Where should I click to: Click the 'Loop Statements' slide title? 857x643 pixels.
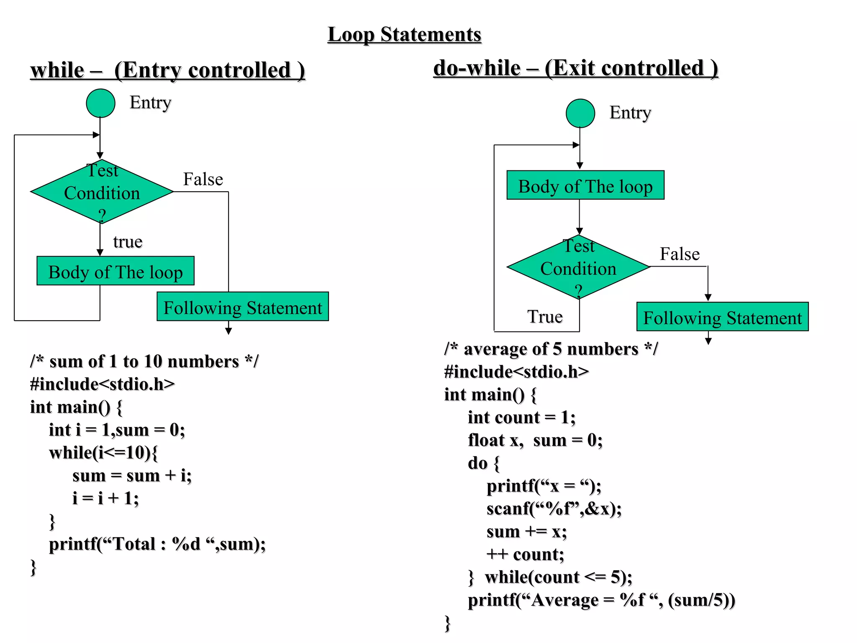tap(404, 34)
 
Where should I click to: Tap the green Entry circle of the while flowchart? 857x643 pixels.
tap(100, 103)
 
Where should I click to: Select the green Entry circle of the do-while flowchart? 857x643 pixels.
tap(580, 113)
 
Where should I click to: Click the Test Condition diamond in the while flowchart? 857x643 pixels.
tap(102, 192)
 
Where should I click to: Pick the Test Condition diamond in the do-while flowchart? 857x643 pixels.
tap(578, 267)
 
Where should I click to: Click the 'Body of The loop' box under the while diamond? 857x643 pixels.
tap(115, 271)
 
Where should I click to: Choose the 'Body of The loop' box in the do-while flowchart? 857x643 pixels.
tap(585, 185)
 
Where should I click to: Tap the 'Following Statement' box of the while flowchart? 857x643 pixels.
tap(243, 307)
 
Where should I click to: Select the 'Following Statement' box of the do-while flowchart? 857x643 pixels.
tap(722, 317)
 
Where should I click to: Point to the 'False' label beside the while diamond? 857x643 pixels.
tap(203, 179)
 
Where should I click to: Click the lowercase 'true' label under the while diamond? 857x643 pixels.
tap(128, 242)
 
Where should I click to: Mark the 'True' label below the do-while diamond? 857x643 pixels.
tap(545, 317)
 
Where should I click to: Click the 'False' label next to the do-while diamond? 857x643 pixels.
tap(680, 254)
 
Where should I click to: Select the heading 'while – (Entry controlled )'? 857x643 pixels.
tap(167, 70)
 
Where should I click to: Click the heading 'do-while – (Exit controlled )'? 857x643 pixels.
tap(576, 68)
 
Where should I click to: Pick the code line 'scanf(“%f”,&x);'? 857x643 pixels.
tap(554, 509)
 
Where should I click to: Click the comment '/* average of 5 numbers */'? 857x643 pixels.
tap(551, 349)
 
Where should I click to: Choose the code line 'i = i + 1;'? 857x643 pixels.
tap(105, 499)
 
